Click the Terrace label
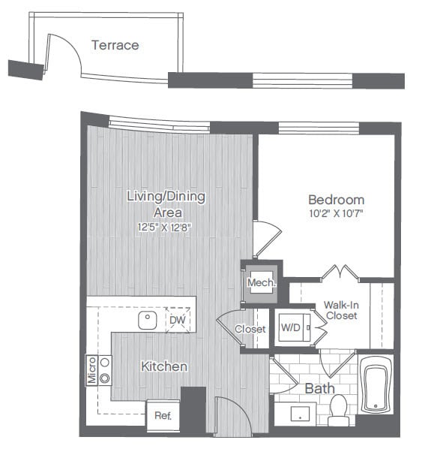click(x=115, y=45)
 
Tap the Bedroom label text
click(x=337, y=200)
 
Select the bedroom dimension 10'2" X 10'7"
click(x=337, y=213)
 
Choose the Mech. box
click(x=262, y=283)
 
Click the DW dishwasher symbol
click(x=177, y=321)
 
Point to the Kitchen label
click(x=164, y=366)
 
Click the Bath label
click(x=319, y=389)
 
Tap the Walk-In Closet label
click(x=340, y=310)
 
